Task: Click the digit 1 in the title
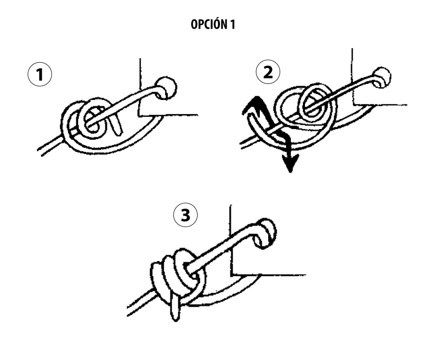coord(233,24)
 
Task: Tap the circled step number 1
coord(40,74)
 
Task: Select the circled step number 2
coord(268,72)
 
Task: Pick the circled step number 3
coord(185,215)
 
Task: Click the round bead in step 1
coord(166,87)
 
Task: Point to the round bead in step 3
coord(266,232)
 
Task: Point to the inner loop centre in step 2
coord(312,105)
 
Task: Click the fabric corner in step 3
coord(231,275)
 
